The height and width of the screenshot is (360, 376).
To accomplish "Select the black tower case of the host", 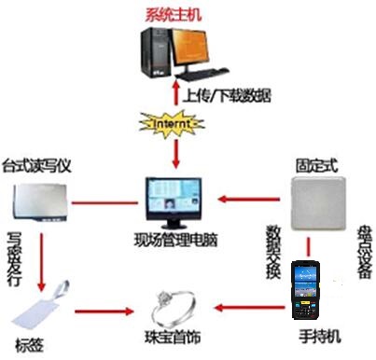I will (x=152, y=52).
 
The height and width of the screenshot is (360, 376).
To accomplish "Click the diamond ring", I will (x=175, y=303).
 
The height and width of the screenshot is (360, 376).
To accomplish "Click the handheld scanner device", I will (x=306, y=288).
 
